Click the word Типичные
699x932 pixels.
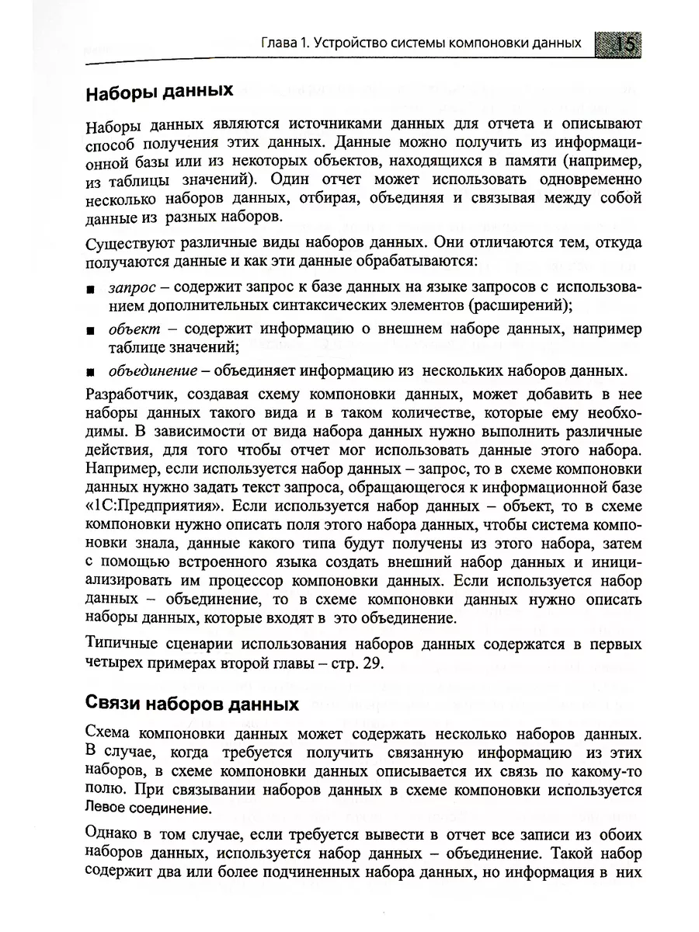tap(125, 644)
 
